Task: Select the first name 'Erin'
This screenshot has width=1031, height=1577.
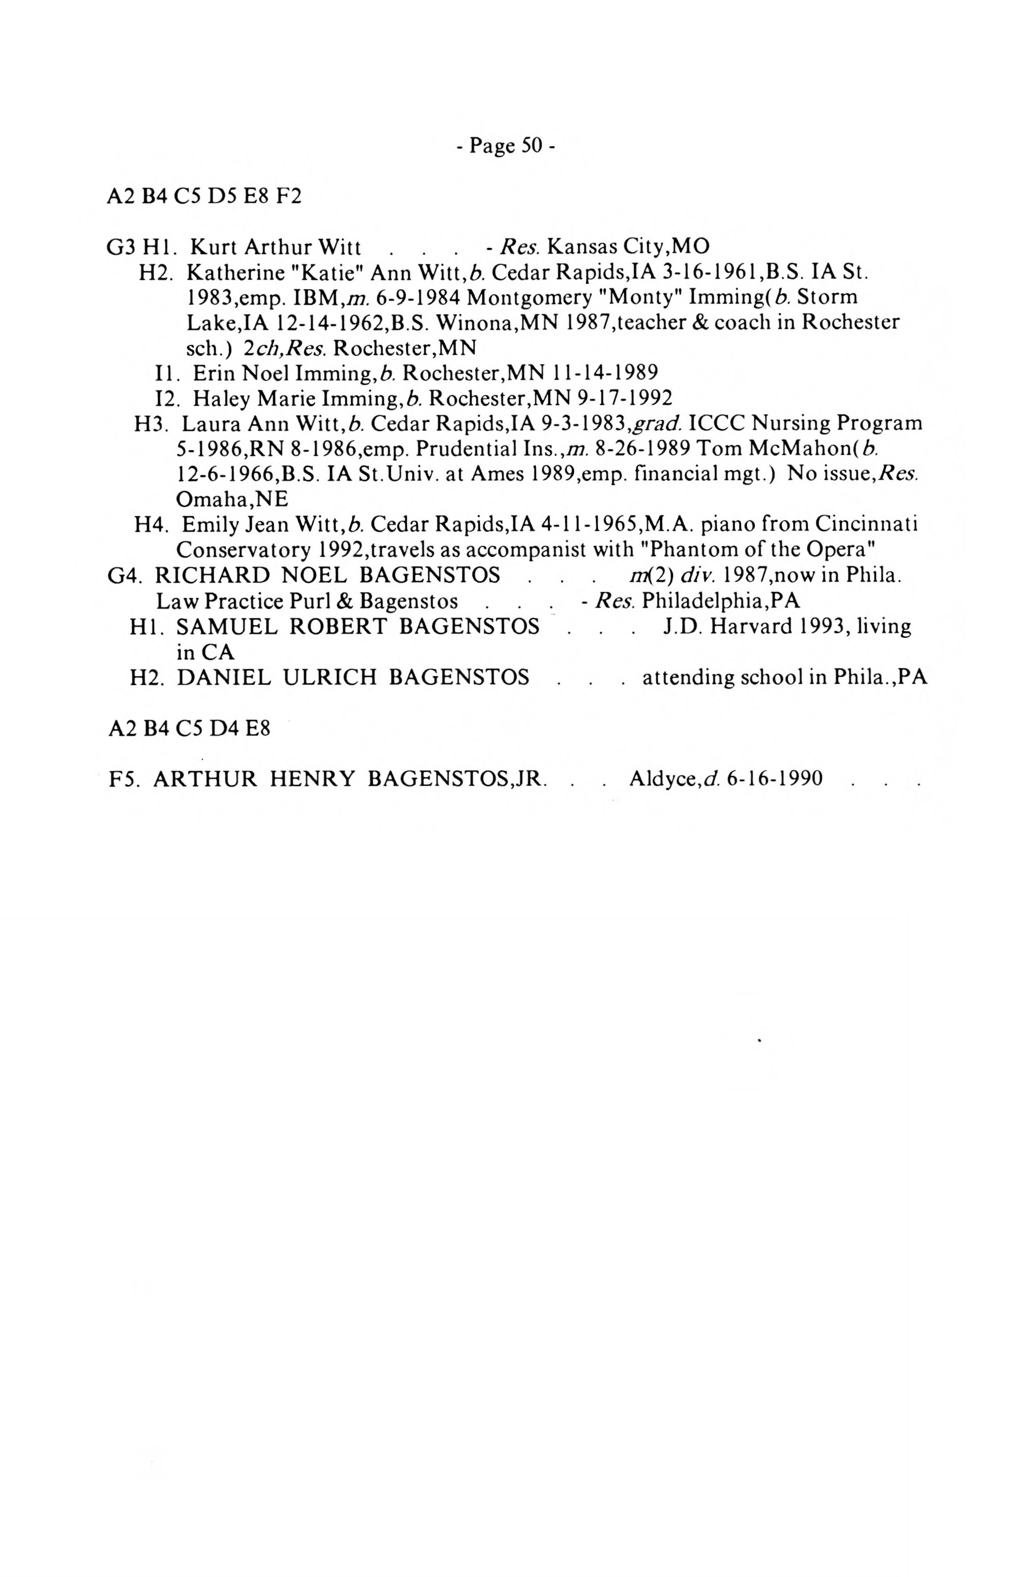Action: pyautogui.click(x=215, y=373)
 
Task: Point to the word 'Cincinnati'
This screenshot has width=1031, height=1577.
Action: pyautogui.click(x=865, y=524)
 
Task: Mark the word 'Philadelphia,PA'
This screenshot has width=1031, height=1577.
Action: pyautogui.click(x=721, y=600)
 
